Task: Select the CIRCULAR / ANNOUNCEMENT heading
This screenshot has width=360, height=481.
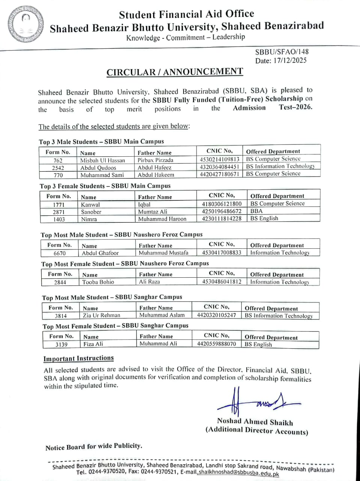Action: pos(175,72)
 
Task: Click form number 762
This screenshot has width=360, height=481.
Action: pos(58,160)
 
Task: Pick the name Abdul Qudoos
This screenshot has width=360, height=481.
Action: pos(98,168)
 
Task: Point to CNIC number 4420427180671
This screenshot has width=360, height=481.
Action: pos(220,174)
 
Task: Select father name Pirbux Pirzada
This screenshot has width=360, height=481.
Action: pos(155,160)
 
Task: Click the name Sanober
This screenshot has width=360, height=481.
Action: pos(91,212)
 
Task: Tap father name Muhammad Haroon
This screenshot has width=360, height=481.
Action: pos(162,219)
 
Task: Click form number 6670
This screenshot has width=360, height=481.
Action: pos(60,253)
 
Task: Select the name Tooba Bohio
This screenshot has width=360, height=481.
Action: pos(98,282)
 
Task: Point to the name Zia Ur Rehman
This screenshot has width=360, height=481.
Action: pos(101,316)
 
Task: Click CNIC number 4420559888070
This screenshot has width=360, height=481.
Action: pos(217,343)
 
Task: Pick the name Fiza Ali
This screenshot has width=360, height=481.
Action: pos(93,344)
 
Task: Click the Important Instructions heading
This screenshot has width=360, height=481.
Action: pos(78,358)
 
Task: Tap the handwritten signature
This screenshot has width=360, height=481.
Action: pos(255,403)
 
